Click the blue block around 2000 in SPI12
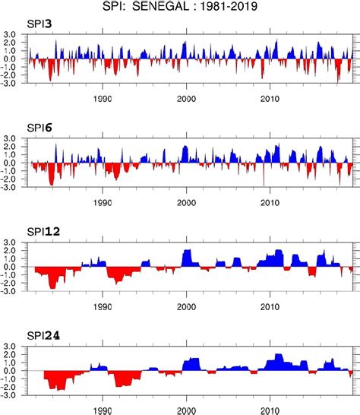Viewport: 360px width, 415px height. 189,258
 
